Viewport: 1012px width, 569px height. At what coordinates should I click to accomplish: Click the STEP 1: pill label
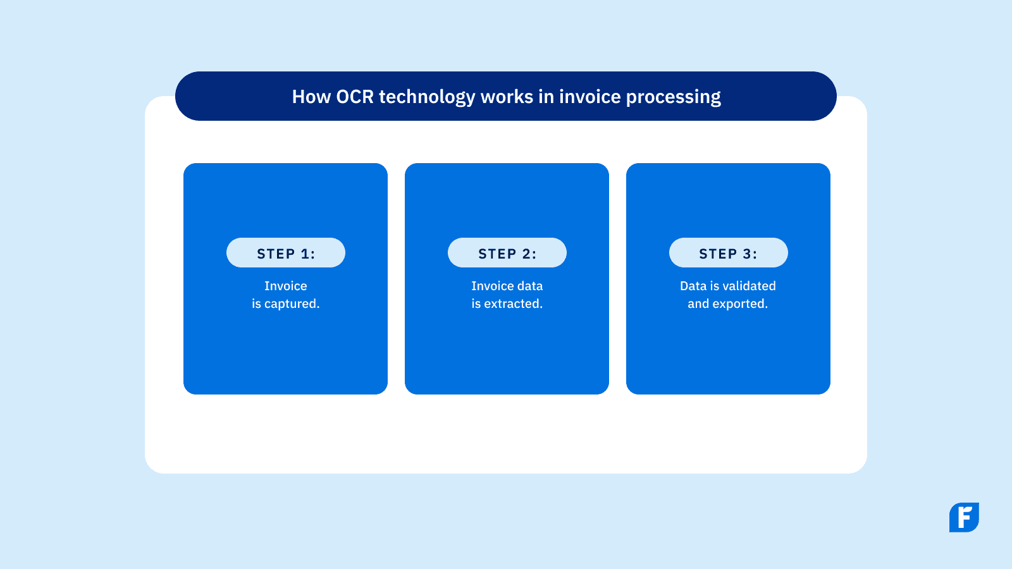pyautogui.click(x=286, y=253)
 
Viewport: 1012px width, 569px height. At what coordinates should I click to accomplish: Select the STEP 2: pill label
pyautogui.click(x=507, y=253)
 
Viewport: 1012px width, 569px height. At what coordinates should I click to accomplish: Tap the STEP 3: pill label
pyautogui.click(x=728, y=253)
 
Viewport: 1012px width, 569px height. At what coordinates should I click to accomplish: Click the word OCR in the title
pyautogui.click(x=355, y=97)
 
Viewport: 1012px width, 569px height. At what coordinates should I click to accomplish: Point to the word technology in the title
pyautogui.click(x=427, y=97)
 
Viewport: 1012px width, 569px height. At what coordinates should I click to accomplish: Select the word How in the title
pyautogui.click(x=311, y=97)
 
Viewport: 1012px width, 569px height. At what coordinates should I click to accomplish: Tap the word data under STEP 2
pyautogui.click(x=529, y=286)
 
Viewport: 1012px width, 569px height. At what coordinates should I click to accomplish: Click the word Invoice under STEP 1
pyautogui.click(x=286, y=286)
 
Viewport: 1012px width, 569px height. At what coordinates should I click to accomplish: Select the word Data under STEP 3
pyautogui.click(x=693, y=286)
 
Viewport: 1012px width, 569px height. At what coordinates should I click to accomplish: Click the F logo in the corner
pyautogui.click(x=964, y=517)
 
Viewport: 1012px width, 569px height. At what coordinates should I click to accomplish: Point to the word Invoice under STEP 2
pyautogui.click(x=492, y=286)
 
